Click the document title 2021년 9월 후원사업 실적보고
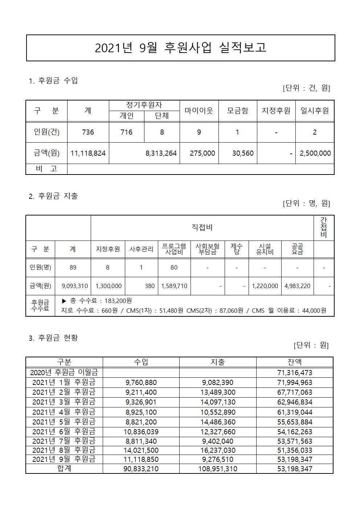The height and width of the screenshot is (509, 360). coord(180,48)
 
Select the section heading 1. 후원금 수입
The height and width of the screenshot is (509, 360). coord(53,81)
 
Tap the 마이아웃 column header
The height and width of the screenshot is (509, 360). coord(199,111)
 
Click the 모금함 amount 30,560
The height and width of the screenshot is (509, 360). coord(242,153)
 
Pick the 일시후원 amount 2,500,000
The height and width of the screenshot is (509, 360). coord(315,153)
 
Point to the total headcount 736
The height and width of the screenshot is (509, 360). coord(88,132)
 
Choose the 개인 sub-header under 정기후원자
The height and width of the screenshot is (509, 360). coord(126,116)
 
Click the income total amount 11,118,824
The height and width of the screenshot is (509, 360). coord(88,153)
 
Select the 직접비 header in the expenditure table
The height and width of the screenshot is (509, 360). coord(202,227)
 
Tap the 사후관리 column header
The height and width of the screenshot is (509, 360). coord(141,249)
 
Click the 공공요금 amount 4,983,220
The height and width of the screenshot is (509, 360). coord(297,286)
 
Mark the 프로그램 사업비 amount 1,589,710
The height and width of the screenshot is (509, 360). coord(174,286)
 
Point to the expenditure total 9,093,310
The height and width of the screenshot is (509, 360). coord(74,286)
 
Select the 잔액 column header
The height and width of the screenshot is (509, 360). coord(294,362)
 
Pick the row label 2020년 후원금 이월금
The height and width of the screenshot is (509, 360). coord(64,372)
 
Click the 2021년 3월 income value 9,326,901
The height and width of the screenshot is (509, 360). coord(141,402)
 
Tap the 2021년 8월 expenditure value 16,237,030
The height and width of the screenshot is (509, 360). coord(218,450)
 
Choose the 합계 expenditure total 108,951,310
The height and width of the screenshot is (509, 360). coord(218,469)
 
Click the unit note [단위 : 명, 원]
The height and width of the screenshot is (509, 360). coord(306,203)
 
